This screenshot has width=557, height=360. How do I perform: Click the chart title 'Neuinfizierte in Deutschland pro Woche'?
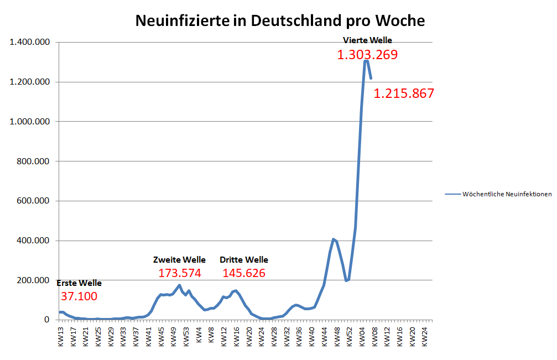pos(280,21)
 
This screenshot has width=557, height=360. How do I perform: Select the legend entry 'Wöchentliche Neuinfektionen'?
pos(506,194)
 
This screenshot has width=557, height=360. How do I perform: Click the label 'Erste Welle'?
pos(79,283)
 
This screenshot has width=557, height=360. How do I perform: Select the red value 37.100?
pos(79,296)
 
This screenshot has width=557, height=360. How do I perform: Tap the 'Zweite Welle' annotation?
pos(179,260)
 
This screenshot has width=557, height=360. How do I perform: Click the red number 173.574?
pos(180,273)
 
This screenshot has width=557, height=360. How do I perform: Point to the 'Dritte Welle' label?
pos(244,260)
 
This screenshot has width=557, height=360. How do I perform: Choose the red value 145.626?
pos(244,273)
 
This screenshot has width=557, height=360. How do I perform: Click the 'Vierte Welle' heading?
pos(367,40)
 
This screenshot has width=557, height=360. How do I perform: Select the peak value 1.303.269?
pos(367,55)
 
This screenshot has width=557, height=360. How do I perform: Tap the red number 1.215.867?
pos(404,93)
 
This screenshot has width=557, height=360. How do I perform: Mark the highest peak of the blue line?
pos(366,61)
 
